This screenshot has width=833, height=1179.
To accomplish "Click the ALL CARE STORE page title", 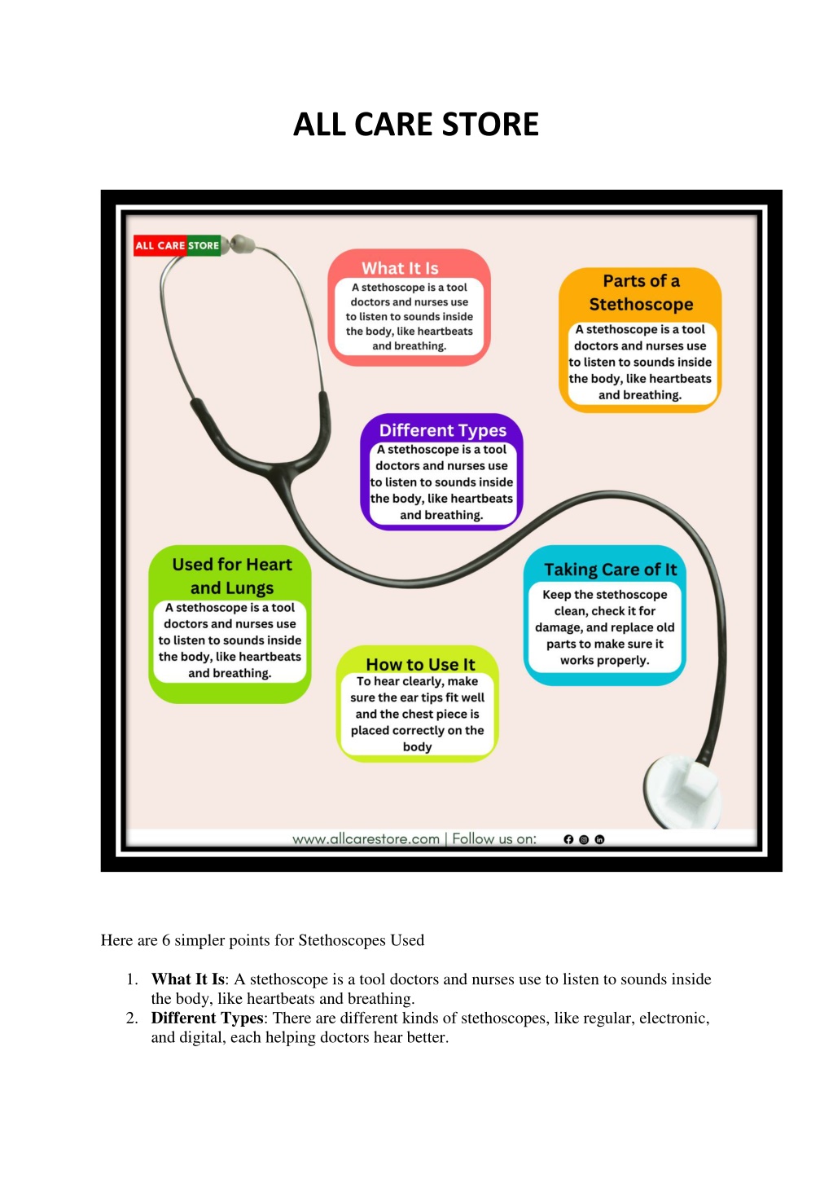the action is pyautogui.click(x=416, y=124).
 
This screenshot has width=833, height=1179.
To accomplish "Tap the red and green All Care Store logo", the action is pyautogui.click(x=177, y=245).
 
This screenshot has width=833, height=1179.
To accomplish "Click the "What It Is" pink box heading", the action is pyautogui.click(x=400, y=268).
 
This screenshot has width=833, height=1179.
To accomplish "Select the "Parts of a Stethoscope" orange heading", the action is pyautogui.click(x=641, y=293).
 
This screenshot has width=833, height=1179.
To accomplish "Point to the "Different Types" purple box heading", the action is pyautogui.click(x=443, y=430).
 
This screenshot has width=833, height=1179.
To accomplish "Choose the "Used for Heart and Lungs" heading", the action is pyautogui.click(x=232, y=576).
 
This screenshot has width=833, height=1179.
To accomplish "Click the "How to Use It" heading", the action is pyautogui.click(x=420, y=664).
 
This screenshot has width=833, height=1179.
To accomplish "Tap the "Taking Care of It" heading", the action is pyautogui.click(x=610, y=570).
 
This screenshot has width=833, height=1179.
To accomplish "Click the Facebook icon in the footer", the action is pyautogui.click(x=568, y=839).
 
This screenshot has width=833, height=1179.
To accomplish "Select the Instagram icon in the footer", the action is pyautogui.click(x=584, y=839).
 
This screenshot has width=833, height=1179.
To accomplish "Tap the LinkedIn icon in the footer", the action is pyautogui.click(x=599, y=839).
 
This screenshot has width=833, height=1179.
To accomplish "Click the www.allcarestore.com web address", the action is pyautogui.click(x=366, y=839).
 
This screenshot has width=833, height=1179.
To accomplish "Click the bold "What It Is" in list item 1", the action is pyautogui.click(x=188, y=979).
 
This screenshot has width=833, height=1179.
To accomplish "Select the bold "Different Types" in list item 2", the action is pyautogui.click(x=207, y=1018).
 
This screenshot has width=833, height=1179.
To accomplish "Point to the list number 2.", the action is pyautogui.click(x=132, y=1018).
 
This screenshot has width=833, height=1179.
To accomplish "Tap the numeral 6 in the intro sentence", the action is pyautogui.click(x=165, y=940).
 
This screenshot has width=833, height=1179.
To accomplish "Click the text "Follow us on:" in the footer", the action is pyautogui.click(x=494, y=839).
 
